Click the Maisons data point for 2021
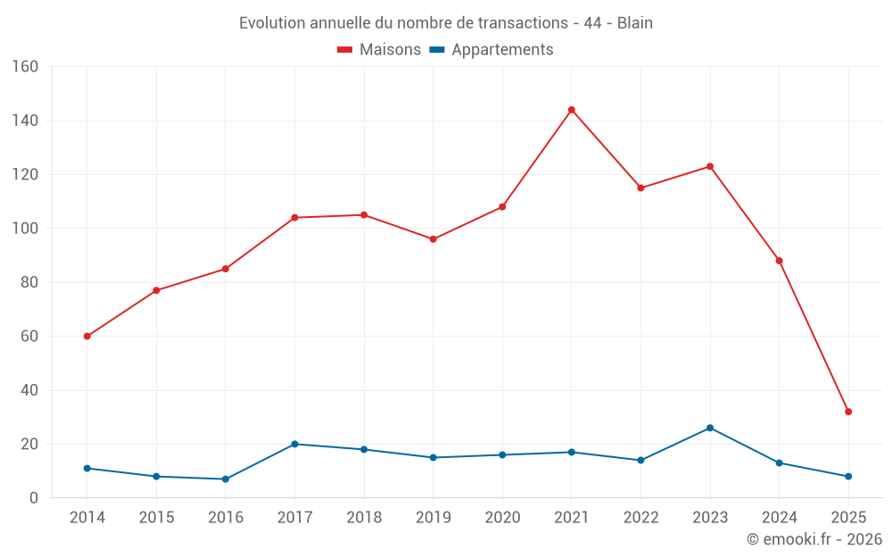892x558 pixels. click(x=572, y=110)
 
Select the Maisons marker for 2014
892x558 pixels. click(x=87, y=337)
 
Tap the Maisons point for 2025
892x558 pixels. click(x=848, y=412)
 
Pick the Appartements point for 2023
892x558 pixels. click(x=710, y=428)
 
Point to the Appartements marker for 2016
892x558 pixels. click(x=226, y=479)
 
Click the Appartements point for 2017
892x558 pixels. click(x=294, y=444)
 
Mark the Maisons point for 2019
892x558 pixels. click(x=433, y=239)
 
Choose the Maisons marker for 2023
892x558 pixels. click(x=710, y=166)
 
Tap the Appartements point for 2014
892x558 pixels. click(x=87, y=468)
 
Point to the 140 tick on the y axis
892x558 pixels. click(x=25, y=121)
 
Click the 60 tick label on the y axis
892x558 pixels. click(x=29, y=337)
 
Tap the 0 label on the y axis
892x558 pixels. click(x=34, y=498)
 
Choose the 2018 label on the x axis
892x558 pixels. click(x=364, y=518)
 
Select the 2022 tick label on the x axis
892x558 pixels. click(x=640, y=518)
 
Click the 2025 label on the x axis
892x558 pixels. click(x=848, y=518)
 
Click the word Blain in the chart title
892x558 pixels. click(x=635, y=23)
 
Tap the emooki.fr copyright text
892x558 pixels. click(x=814, y=539)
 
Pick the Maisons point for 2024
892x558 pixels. click(x=779, y=261)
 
